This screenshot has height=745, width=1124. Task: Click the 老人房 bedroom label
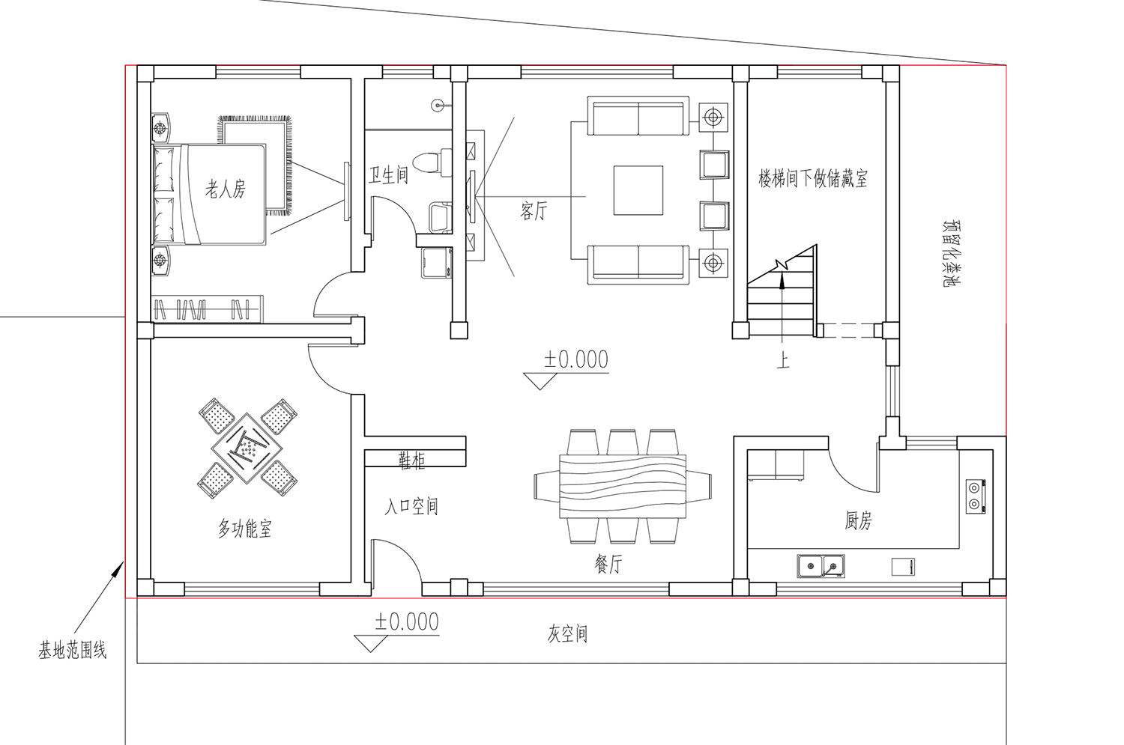coord(226,189)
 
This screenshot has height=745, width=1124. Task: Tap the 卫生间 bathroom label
coord(389,175)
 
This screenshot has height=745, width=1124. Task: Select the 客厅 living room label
coord(534,210)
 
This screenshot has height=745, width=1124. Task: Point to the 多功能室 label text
coord(245,529)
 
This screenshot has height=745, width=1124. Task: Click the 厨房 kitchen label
coord(859,520)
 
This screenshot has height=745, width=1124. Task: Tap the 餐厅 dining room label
coord(608,565)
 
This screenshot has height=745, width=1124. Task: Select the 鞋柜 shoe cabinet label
coord(412,460)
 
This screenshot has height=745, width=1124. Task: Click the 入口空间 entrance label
coord(411,506)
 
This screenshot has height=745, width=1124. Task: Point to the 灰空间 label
coord(567,633)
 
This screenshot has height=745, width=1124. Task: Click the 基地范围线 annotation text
coord(73,650)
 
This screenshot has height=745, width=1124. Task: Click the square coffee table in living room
coord(638,190)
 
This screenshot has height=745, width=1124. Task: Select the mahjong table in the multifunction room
coord(247,448)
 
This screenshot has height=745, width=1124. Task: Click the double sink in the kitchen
coord(821,566)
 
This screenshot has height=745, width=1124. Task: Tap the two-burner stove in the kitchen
coord(976,496)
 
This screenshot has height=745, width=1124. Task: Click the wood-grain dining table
coord(623,486)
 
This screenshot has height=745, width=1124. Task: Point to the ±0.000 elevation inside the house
coord(576,359)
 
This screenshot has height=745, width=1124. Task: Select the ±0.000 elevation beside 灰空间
coord(406,621)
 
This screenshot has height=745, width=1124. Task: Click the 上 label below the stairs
coord(783,360)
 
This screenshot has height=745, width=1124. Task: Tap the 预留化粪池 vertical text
coord(952,253)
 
